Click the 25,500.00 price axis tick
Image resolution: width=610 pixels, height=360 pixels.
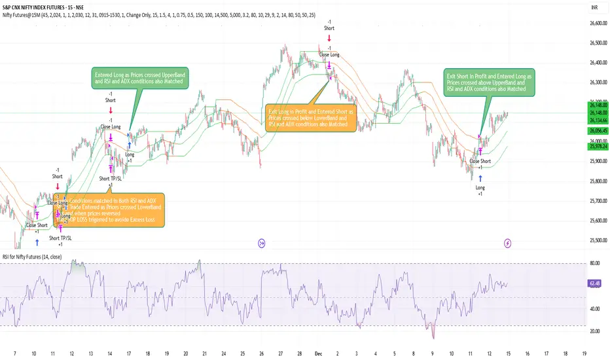591,240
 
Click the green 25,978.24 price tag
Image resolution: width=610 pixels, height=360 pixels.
591,147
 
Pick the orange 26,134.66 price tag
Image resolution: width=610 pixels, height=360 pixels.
591,120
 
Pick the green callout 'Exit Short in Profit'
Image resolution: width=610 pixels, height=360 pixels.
489,82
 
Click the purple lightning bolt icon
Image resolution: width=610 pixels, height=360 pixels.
508,243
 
